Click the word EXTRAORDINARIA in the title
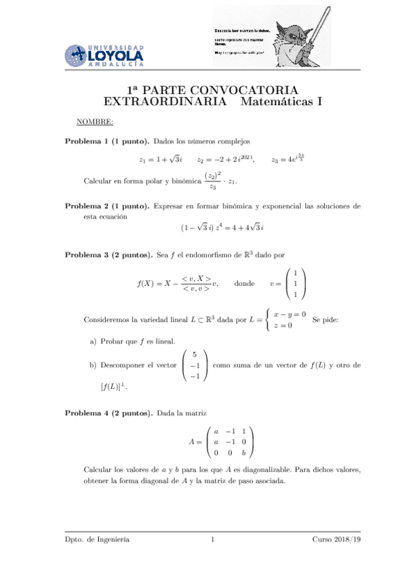click(x=164, y=102)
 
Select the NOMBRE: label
click(x=95, y=123)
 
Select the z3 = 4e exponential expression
click(x=288, y=159)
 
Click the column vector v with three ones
click(x=294, y=283)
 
